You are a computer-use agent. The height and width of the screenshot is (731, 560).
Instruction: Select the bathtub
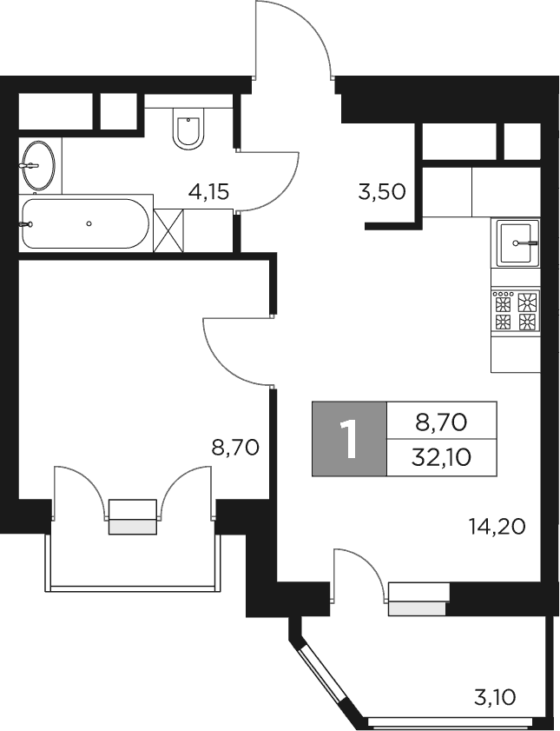85,224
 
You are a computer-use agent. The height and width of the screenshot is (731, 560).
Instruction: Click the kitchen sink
517,243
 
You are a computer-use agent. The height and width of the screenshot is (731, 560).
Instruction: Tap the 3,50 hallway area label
382,192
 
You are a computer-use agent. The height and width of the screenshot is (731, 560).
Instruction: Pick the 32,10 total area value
442,456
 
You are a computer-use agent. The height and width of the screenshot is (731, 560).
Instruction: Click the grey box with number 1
350,440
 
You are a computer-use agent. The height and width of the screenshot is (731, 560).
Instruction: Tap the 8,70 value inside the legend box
442,422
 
